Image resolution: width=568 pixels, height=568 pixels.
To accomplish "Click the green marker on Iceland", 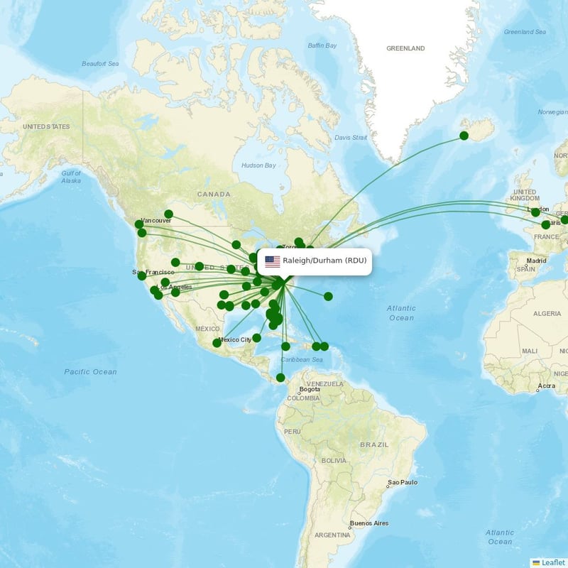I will (464, 136).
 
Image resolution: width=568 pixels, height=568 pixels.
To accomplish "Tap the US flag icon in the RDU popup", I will (273, 261).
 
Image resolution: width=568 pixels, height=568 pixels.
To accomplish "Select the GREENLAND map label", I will (405, 48).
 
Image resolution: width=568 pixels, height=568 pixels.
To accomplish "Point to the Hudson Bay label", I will (258, 165).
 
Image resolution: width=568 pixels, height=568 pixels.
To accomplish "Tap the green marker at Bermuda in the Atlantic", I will (328, 296).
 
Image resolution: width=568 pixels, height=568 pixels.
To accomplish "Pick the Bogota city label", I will (310, 390).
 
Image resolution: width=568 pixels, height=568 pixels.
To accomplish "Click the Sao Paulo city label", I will (403, 483).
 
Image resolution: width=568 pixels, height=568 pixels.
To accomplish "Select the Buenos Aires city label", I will (369, 524).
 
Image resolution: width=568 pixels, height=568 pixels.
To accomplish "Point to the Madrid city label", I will (536, 261).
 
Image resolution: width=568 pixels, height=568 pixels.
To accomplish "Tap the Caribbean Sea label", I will (301, 361).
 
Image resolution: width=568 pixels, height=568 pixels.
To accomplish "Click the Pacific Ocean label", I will (90, 372).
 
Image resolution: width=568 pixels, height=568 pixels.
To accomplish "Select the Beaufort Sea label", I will (99, 64).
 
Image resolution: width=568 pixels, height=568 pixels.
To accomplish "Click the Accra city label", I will (546, 386).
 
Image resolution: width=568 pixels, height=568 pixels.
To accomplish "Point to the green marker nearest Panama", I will (280, 378).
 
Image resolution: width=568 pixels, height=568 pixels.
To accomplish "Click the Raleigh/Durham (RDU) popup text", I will (324, 261).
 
